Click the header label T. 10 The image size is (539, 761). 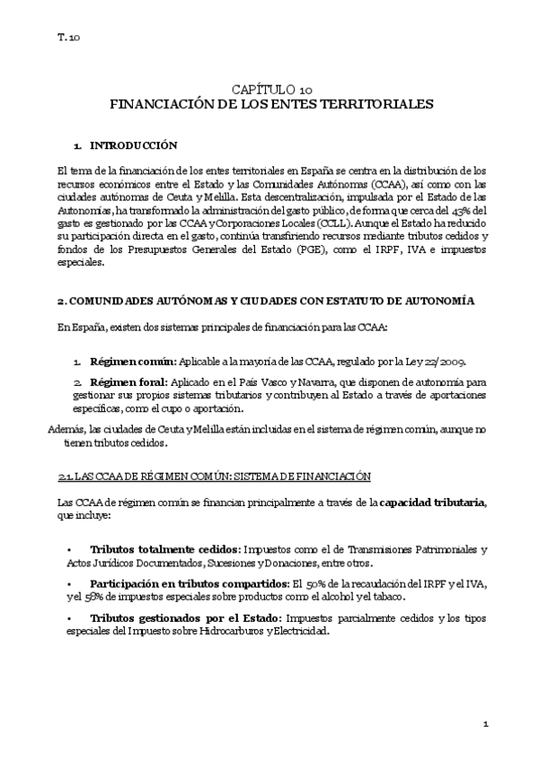click(68, 38)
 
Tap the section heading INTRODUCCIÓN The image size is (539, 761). click(134, 145)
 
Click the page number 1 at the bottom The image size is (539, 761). click(484, 723)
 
